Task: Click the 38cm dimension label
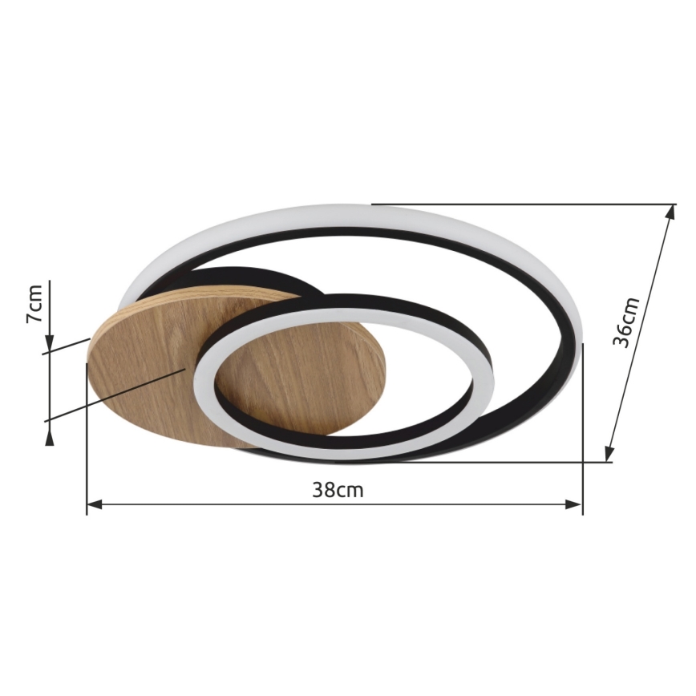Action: click(x=338, y=490)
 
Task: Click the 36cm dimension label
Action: click(x=626, y=322)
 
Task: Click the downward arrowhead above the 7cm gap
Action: click(x=50, y=344)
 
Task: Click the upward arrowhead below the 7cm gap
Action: click(x=50, y=436)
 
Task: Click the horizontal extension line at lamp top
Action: click(x=521, y=204)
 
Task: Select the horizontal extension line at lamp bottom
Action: click(x=481, y=462)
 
